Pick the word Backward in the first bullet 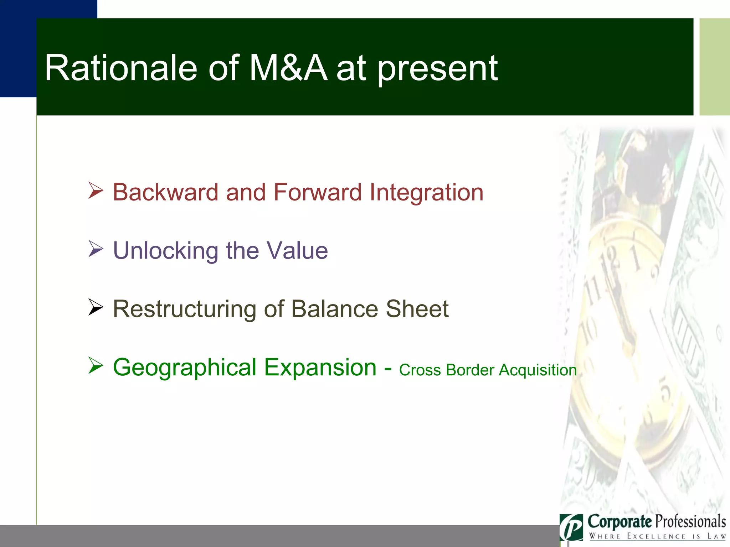pos(165,192)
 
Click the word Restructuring pos(184,309)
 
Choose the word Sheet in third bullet pos(417,309)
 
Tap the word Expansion pos(320,368)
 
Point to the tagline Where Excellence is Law pos(657,536)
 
